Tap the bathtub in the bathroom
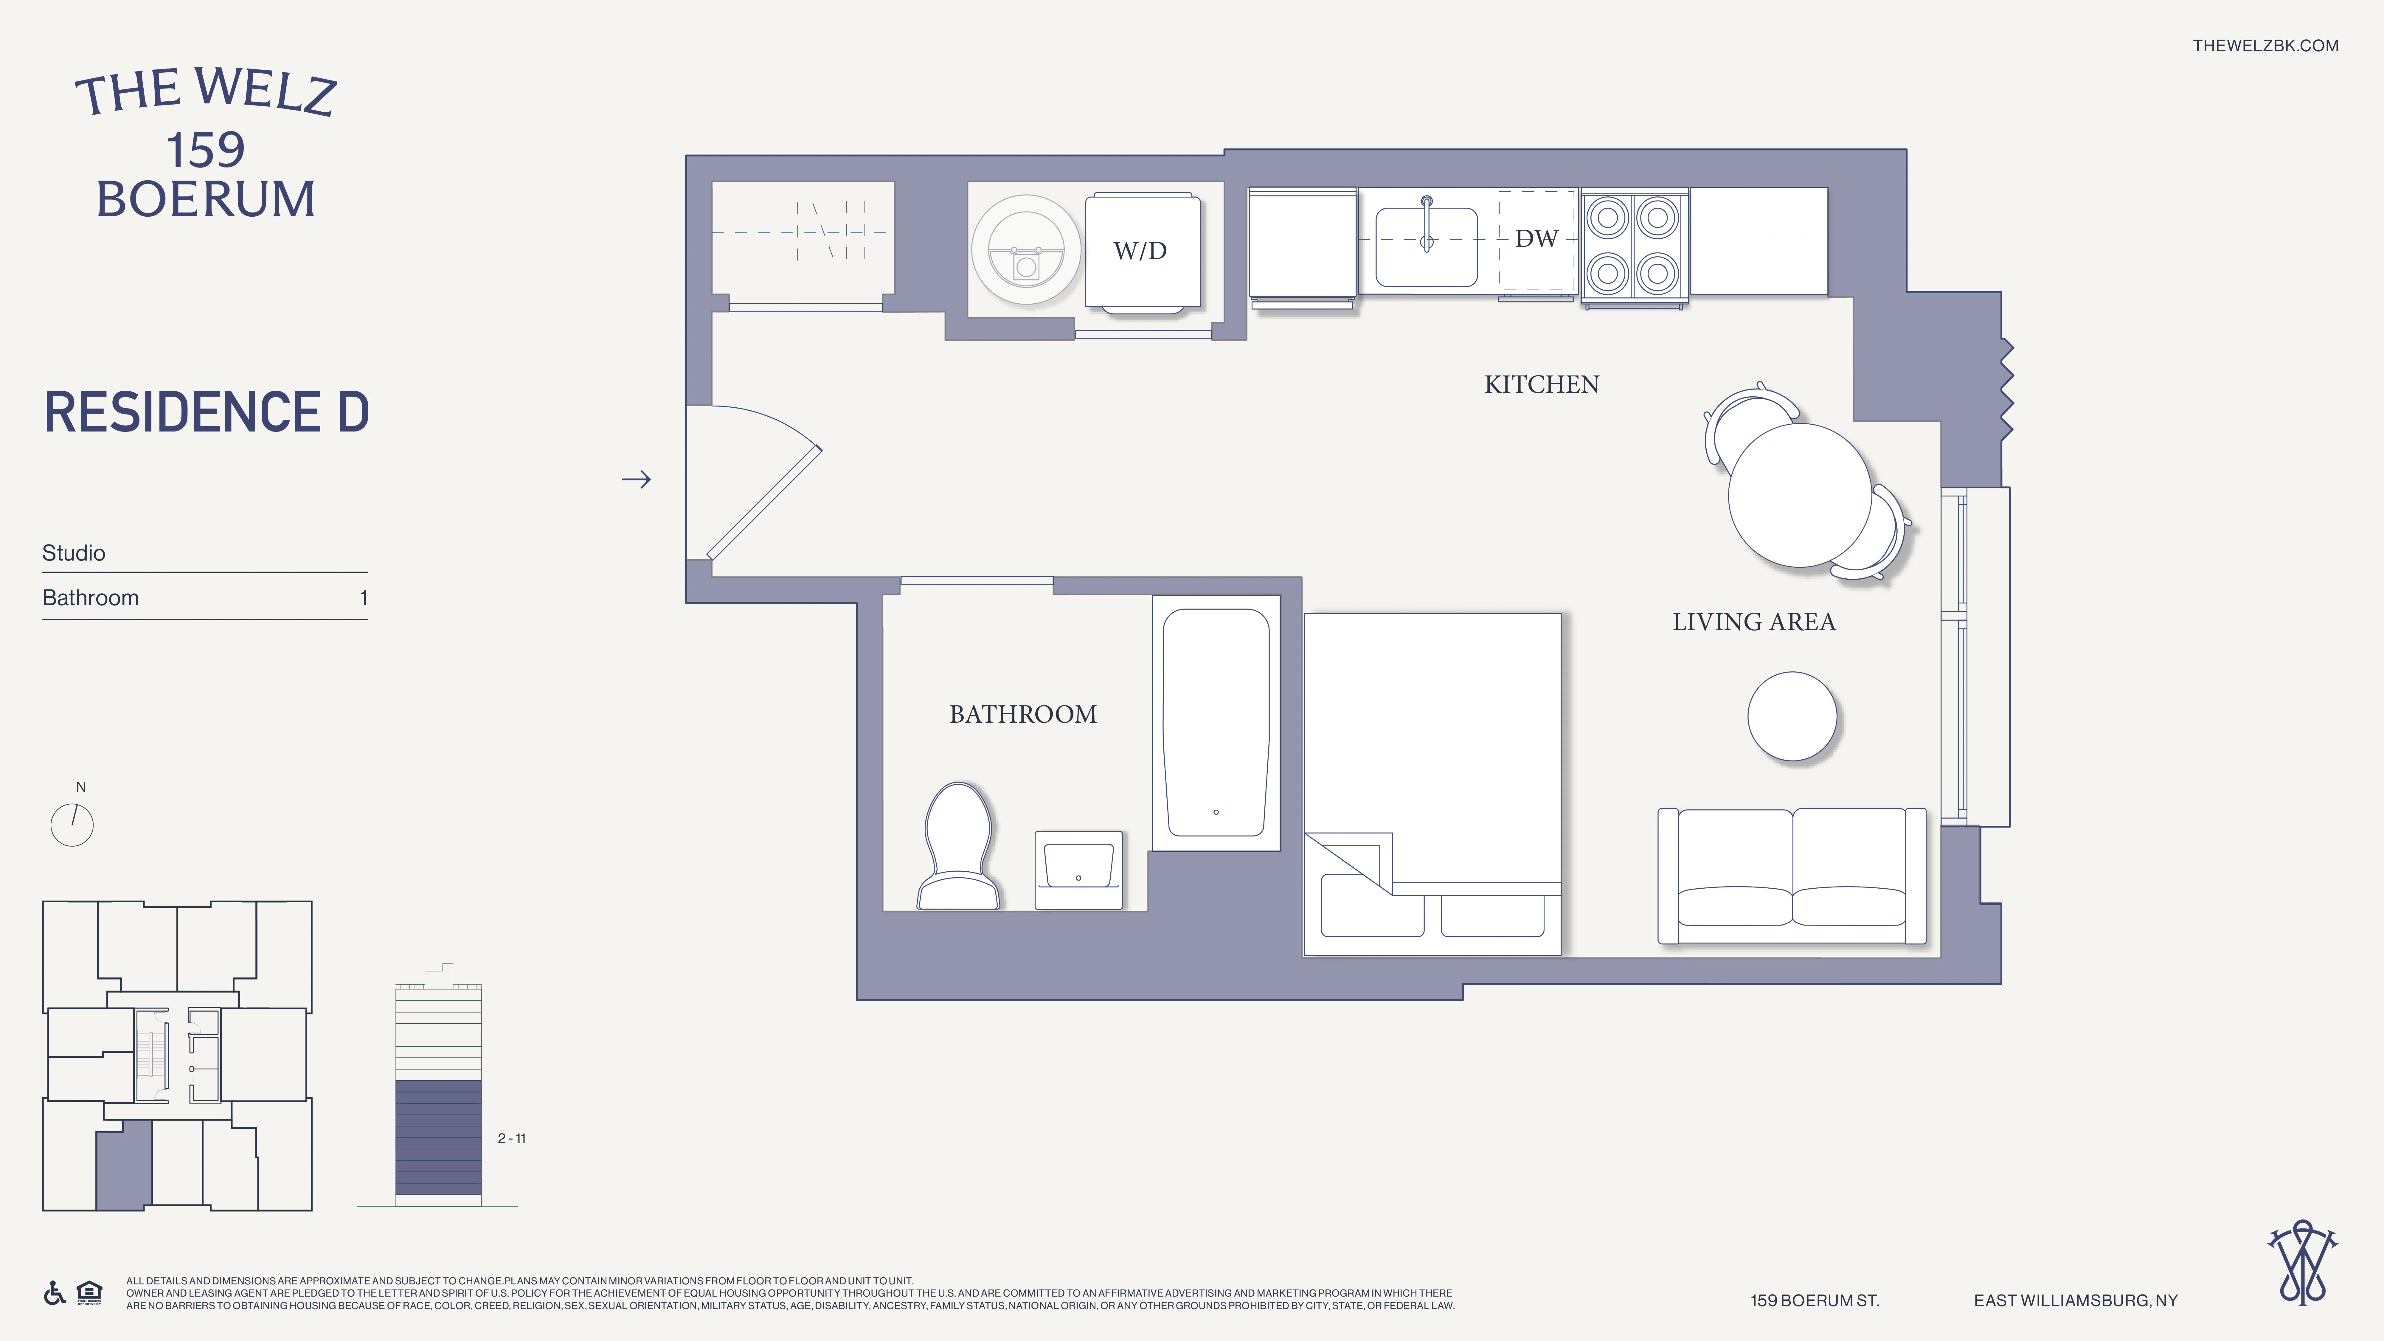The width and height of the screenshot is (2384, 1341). (x=1215, y=722)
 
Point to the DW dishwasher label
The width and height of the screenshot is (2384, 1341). (x=1536, y=239)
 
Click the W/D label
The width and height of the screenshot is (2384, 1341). (x=1139, y=251)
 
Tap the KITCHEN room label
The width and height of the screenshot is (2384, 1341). (x=1541, y=384)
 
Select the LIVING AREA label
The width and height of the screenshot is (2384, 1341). (x=1753, y=622)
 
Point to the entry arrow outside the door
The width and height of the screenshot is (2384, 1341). (x=636, y=479)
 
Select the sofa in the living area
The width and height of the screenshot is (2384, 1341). (x=1792, y=875)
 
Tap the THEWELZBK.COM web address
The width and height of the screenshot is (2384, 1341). (x=2265, y=45)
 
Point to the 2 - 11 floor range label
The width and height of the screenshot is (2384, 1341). (x=511, y=1138)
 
